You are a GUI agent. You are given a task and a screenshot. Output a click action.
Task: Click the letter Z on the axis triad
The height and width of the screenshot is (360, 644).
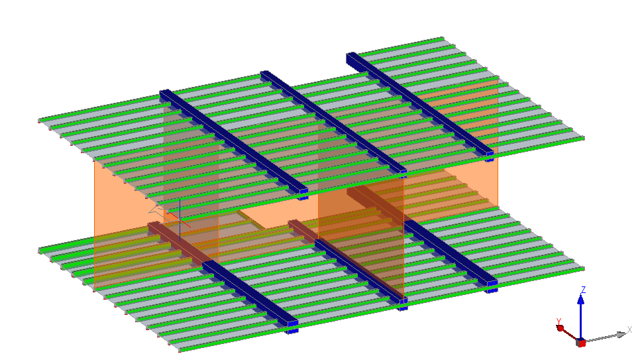(x=583, y=290)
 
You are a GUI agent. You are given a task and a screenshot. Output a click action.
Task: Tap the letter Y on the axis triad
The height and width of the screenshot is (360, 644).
(x=559, y=322)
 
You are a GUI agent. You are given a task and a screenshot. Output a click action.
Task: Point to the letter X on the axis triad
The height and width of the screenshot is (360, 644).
(x=629, y=330)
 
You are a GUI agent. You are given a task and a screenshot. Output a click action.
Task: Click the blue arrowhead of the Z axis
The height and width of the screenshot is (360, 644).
(x=581, y=299)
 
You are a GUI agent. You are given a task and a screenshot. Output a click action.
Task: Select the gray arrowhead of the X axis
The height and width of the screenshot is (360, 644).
(x=621, y=335)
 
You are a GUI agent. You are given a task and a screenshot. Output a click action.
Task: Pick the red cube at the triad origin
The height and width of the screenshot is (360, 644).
(x=581, y=342)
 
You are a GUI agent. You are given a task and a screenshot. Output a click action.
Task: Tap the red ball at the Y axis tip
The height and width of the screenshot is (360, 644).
(x=561, y=328)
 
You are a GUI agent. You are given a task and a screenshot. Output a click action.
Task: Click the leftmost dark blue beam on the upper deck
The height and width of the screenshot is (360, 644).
(x=234, y=142)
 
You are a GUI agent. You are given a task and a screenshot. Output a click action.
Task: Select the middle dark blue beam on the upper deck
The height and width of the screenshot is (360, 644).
(x=333, y=122)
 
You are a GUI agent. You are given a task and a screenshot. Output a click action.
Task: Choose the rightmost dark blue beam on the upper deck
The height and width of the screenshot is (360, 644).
(x=420, y=104)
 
